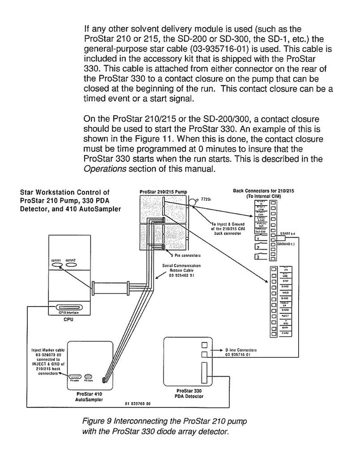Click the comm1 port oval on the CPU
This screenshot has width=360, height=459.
click(57, 265)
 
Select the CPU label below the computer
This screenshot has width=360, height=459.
click(69, 320)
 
